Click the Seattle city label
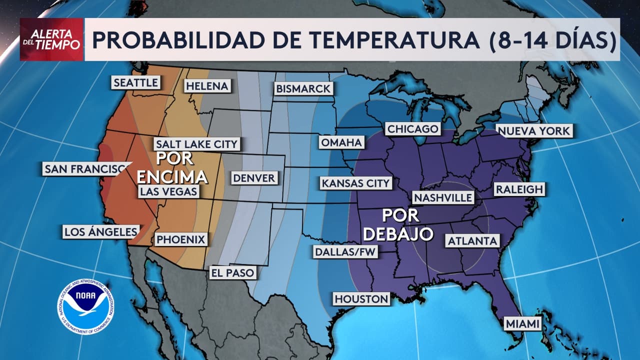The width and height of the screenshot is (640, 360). click(135, 82)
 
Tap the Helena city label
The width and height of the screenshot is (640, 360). click(207, 86)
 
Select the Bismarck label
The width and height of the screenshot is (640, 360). click(303, 89)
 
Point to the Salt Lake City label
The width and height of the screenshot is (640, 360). click(196, 144)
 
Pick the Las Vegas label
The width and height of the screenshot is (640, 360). click(168, 191)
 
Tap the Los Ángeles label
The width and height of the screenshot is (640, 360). click(101, 231)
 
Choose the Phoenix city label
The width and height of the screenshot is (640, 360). click(181, 239)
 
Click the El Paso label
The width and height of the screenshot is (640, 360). click(233, 272)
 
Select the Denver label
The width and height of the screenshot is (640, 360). click(254, 178)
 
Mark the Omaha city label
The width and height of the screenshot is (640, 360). click(341, 142)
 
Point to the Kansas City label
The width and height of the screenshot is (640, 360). click(355, 183)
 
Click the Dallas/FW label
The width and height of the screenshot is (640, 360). click(345, 252)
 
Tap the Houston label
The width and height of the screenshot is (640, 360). click(361, 299)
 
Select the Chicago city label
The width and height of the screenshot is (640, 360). click(412, 129)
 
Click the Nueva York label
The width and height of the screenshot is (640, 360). click(533, 131)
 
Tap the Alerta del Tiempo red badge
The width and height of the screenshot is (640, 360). click(51, 39)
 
